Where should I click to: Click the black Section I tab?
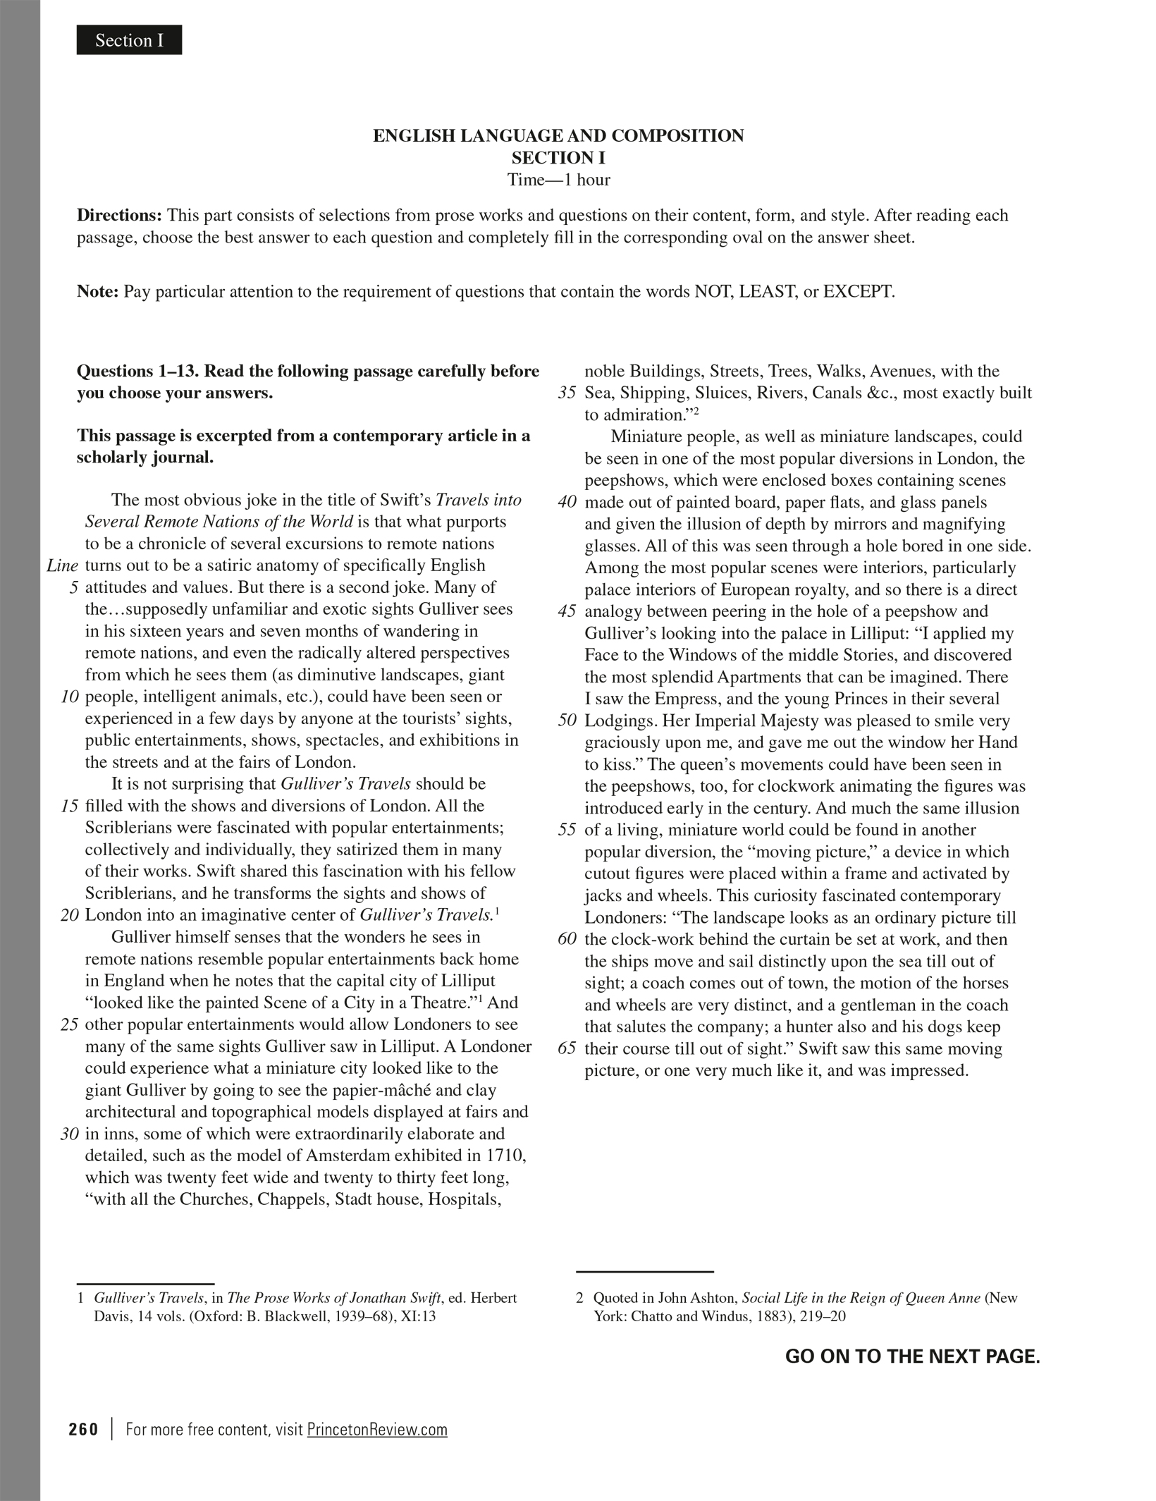coord(129,40)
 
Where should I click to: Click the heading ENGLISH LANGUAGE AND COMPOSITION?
coord(558,135)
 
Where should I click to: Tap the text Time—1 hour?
coord(558,180)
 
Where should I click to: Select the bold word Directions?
coord(120,215)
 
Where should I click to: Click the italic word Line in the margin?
coord(62,565)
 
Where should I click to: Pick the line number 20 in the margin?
coord(69,915)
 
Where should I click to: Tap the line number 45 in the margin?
coord(567,611)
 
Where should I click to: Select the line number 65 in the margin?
coord(567,1048)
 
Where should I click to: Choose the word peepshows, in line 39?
coord(627,480)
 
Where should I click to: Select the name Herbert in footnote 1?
coord(493,1297)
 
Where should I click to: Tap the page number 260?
coord(84,1429)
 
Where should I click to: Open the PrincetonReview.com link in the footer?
coord(377,1429)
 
